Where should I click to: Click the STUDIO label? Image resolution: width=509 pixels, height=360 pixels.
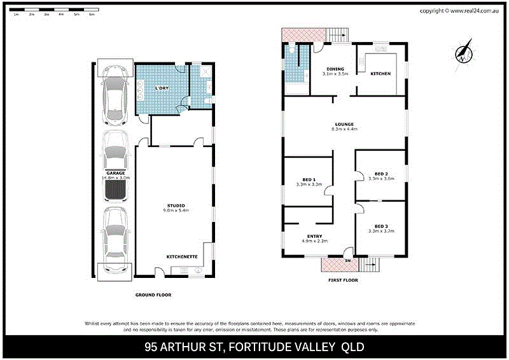coord(176,205)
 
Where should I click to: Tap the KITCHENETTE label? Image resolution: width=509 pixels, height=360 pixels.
coord(182,256)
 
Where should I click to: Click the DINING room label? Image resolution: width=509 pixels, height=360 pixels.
coord(335,69)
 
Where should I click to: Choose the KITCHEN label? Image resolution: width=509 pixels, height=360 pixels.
coord(380,74)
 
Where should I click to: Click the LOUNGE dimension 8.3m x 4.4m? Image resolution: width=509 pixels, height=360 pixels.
coord(345,129)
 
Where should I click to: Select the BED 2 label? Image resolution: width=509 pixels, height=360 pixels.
coord(381,174)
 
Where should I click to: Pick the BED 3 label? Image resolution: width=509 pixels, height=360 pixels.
coord(381,226)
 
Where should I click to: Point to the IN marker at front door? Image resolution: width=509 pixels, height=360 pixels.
coord(347,261)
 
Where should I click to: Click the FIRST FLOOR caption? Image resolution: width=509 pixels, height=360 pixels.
coord(343,280)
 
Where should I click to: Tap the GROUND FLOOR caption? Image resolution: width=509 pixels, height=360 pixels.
coord(153,294)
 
